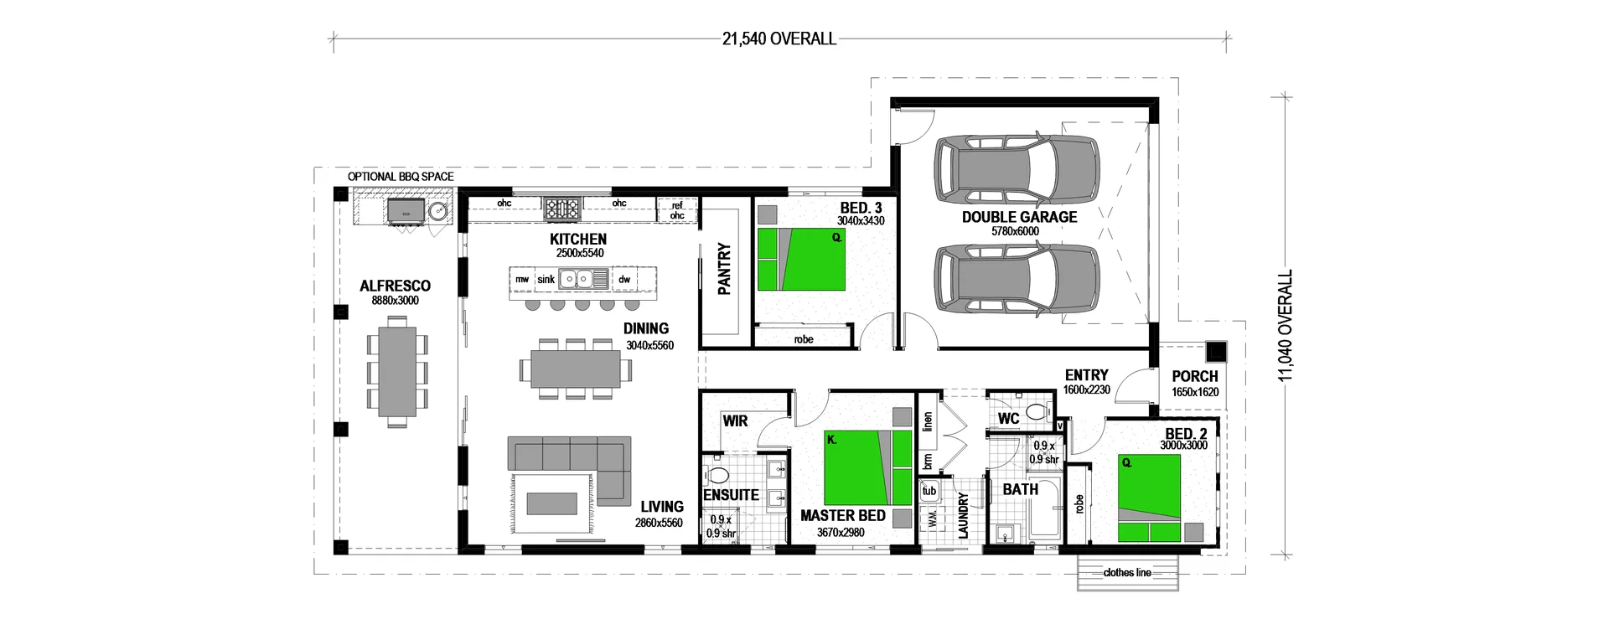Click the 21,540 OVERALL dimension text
779,39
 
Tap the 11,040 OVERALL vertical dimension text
1286,326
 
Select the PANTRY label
725,269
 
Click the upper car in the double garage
1017,168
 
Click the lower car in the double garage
1017,281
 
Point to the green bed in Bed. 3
801,259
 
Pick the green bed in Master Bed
867,467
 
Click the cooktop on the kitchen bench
561,207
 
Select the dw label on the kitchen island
624,279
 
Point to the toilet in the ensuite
718,475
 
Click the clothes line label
1127,572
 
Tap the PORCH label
1194,376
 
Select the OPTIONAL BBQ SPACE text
401,177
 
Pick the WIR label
735,420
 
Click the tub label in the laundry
929,491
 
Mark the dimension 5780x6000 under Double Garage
1015,231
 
